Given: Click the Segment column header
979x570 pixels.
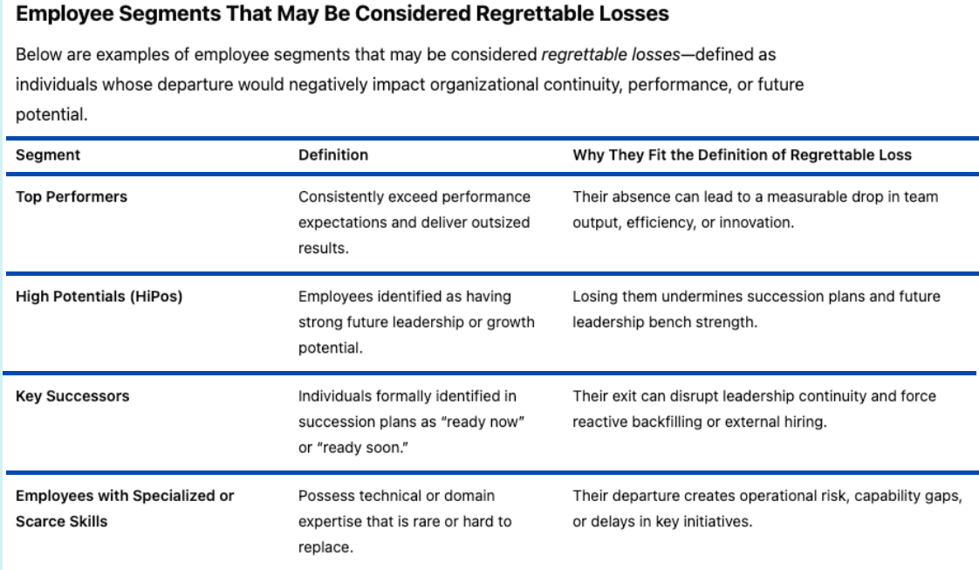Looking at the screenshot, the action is pos(48,155).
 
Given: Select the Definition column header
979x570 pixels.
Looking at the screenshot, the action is pos(333,155).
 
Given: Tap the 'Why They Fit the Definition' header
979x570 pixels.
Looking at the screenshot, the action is pos(743,155).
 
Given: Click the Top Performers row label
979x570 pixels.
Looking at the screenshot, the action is pos(72,196).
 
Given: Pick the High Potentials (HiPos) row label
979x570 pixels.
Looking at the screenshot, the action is pos(99,297).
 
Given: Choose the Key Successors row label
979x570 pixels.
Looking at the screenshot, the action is pos(72,395).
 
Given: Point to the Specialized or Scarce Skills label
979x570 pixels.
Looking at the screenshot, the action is pos(125,508).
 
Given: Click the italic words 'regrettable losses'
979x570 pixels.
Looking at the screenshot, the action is pos(611,55).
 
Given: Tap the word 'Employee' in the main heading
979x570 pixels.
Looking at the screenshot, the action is pos(64,14).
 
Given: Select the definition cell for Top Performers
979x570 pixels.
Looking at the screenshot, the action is pos(414,223).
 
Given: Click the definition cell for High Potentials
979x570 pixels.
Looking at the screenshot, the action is pos(416,322).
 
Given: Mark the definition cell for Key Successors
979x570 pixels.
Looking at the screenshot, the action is pos(412,422).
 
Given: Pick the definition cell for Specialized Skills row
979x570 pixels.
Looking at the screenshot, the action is pos(405,521).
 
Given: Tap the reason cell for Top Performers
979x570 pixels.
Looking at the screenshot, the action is pos(756,209).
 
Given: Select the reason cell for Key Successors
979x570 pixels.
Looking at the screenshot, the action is pos(754,409).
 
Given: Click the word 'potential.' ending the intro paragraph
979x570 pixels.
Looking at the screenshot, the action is pos(51,115).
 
